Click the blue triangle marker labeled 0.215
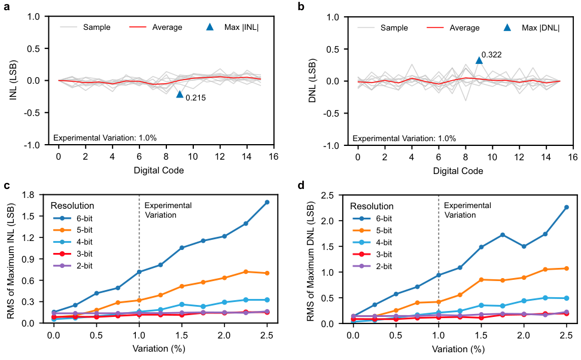click(180, 94)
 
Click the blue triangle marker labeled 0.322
click(479, 60)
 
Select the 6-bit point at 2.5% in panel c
click(267, 202)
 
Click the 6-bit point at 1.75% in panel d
click(503, 235)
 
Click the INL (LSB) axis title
click(13, 80)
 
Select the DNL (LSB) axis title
click(312, 80)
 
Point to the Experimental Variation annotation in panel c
click(168, 210)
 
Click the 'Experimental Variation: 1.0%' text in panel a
click(105, 138)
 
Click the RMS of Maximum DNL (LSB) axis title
click(312, 258)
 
